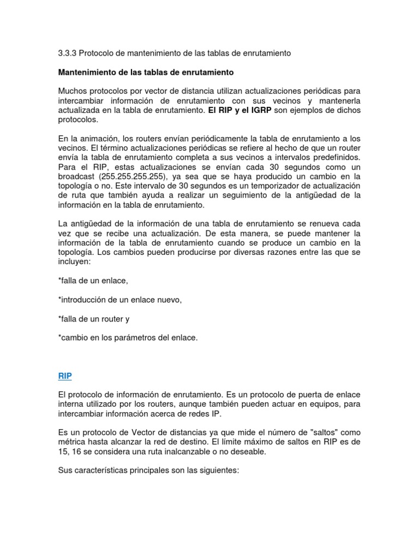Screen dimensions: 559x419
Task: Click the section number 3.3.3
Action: (x=67, y=53)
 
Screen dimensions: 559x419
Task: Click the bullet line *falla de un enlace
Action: (x=92, y=281)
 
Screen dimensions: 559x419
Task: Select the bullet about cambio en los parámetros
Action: (x=128, y=337)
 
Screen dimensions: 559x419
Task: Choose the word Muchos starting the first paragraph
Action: (x=73, y=91)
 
